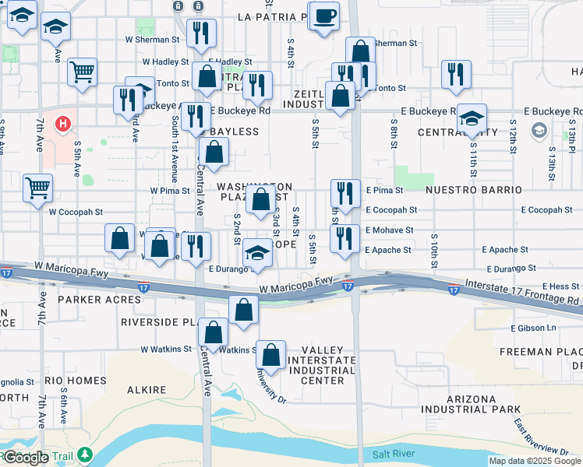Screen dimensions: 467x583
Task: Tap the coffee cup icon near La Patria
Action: (325, 15)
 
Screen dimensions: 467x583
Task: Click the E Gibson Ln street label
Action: (535, 328)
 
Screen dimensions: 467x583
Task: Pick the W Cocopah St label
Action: (76, 211)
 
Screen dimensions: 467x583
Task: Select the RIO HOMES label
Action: (75, 380)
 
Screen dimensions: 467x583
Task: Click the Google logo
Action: (26, 457)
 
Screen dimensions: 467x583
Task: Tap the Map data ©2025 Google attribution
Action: (534, 461)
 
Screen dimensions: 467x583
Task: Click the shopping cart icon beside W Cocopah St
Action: (37, 188)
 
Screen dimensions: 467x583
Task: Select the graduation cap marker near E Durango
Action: (257, 253)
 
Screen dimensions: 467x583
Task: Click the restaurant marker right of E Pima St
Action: (344, 193)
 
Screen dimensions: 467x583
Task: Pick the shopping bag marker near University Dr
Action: (270, 355)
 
